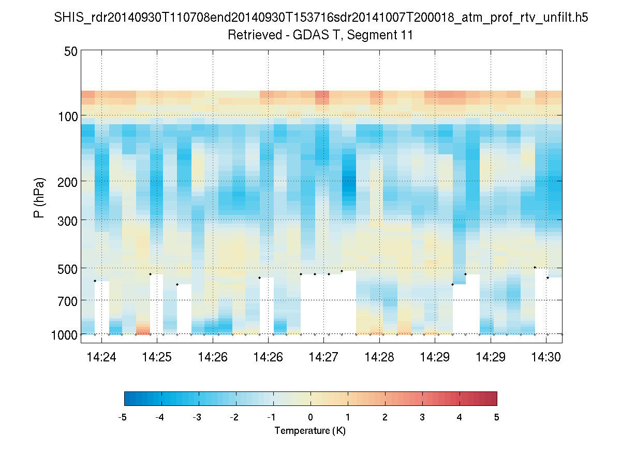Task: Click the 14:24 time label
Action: (x=101, y=357)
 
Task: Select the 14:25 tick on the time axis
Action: (x=157, y=357)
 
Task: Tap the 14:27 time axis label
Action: (x=323, y=357)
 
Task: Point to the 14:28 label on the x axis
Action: (x=379, y=357)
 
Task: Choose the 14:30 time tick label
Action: (x=546, y=357)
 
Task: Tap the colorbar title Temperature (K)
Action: (x=310, y=431)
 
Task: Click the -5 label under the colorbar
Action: (x=123, y=417)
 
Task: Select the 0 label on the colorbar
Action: (x=310, y=417)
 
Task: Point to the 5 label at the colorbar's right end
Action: (x=496, y=417)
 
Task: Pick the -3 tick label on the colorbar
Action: (x=197, y=417)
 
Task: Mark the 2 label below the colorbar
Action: (x=385, y=417)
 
